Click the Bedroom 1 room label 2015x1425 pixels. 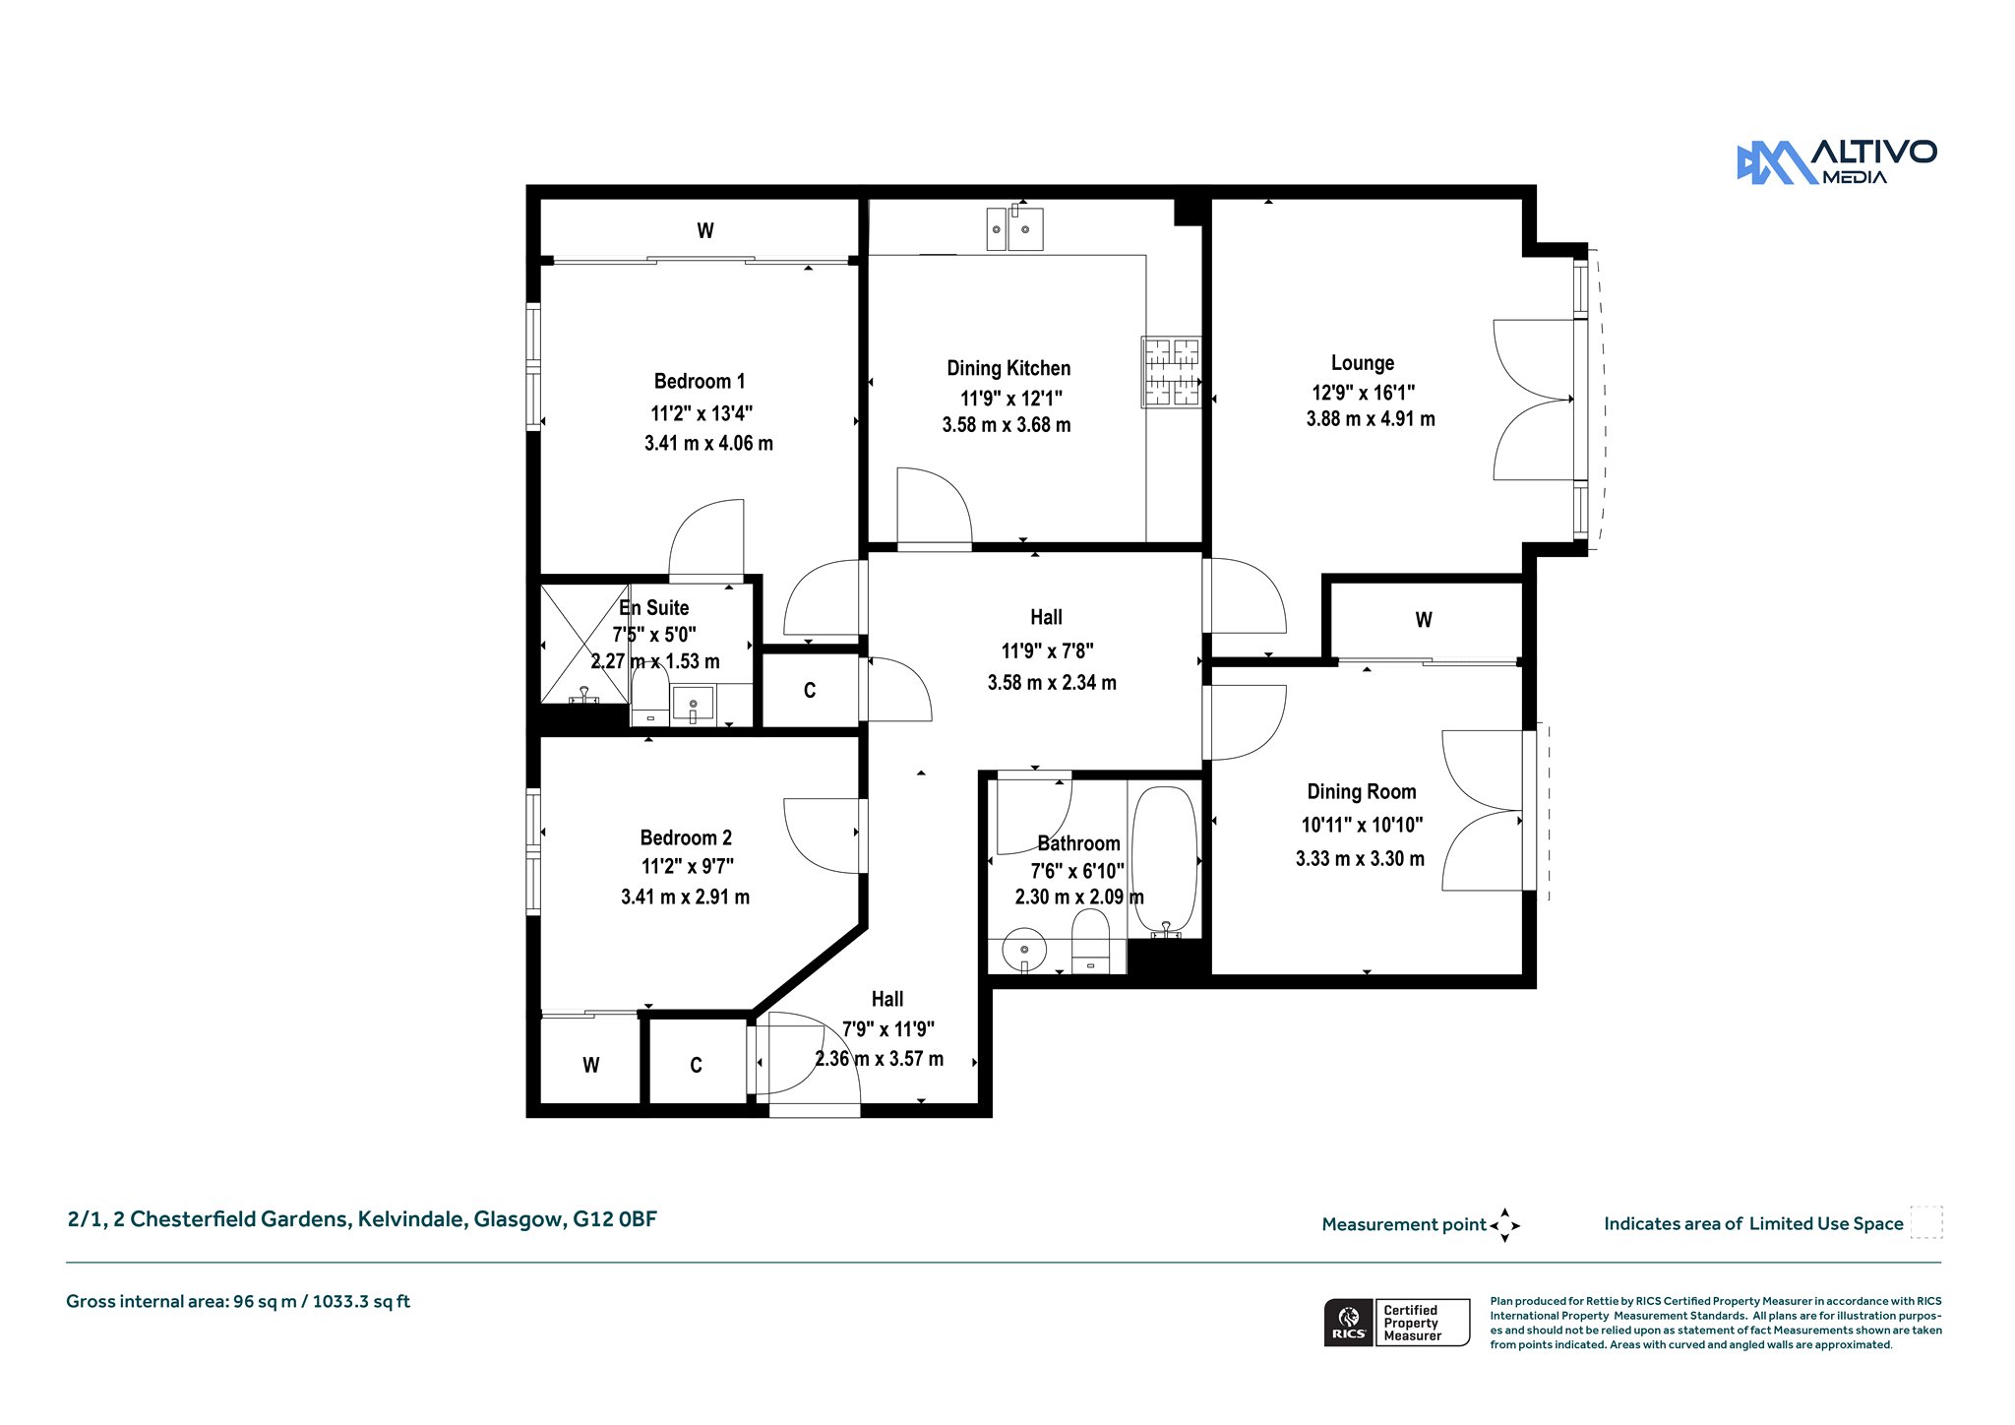(x=700, y=381)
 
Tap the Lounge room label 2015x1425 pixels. (x=1363, y=363)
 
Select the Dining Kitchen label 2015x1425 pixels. (x=1008, y=368)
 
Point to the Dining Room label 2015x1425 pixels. (x=1362, y=791)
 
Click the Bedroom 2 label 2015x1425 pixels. (x=686, y=837)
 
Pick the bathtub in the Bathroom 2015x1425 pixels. (x=1165, y=861)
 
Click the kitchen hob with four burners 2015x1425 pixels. (x=1171, y=372)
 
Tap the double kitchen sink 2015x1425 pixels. (x=1014, y=228)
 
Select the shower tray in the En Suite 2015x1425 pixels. (x=584, y=644)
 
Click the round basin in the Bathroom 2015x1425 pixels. (x=1024, y=951)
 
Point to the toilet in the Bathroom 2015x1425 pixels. (x=1090, y=941)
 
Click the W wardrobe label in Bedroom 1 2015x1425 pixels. (x=705, y=230)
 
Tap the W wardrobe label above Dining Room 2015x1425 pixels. (x=1424, y=620)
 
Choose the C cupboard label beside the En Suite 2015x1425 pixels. (x=810, y=690)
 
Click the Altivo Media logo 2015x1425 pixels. (x=1836, y=162)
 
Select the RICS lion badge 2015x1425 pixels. (x=1349, y=1323)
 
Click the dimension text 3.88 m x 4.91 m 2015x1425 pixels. (x=1371, y=419)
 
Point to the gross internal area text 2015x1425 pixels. (x=238, y=1302)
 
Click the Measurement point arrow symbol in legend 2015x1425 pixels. (x=1504, y=1225)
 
